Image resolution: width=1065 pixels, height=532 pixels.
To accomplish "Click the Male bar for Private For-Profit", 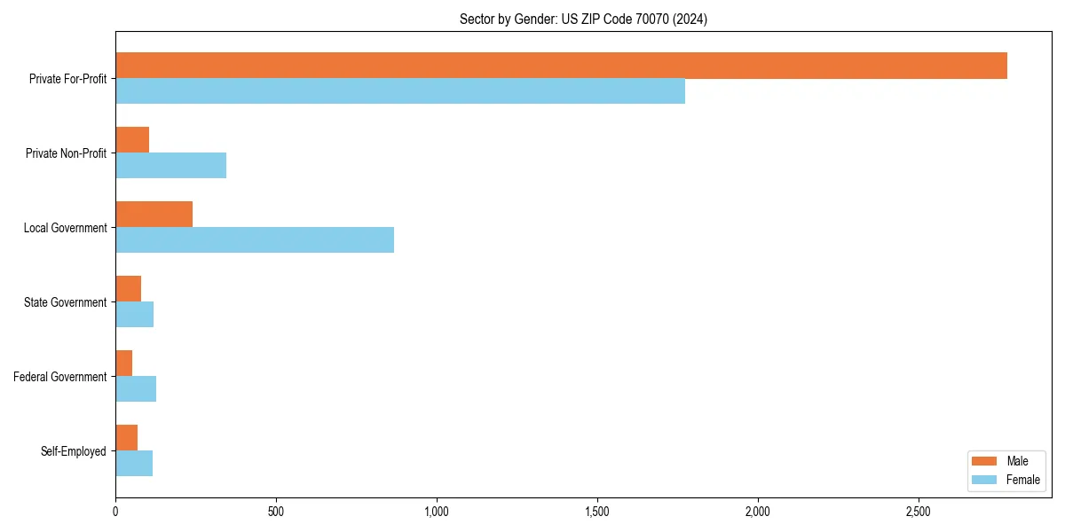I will (x=561, y=66).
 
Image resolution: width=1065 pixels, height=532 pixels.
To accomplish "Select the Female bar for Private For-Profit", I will (x=400, y=91).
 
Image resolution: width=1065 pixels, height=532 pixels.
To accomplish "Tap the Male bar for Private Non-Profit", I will (x=132, y=140).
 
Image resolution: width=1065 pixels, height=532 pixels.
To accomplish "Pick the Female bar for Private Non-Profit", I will (x=170, y=166).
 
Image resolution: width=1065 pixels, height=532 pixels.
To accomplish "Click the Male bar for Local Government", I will (x=154, y=215).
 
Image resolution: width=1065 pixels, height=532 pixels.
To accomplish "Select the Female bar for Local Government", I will (x=255, y=240).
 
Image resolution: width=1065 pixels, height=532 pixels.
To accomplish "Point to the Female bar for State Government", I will (x=134, y=315).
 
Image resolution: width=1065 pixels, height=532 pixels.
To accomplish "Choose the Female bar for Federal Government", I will (x=136, y=389).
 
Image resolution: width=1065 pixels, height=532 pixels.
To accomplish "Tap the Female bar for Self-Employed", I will (x=134, y=464).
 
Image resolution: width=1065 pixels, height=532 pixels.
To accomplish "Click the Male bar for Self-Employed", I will (x=126, y=438).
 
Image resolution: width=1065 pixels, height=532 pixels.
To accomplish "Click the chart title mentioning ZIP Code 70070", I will (x=583, y=19).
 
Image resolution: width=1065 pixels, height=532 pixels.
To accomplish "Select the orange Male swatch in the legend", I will (x=984, y=461).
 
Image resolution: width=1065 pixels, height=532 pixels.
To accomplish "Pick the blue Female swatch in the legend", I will (x=984, y=480).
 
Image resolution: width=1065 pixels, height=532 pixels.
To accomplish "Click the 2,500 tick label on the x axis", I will (x=919, y=512).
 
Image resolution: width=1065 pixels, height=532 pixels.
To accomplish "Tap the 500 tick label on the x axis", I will (x=276, y=512).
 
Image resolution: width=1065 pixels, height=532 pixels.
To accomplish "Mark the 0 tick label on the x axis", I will (x=115, y=512).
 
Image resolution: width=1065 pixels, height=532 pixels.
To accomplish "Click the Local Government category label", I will (x=65, y=228).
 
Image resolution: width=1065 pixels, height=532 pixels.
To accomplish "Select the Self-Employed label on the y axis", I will (x=73, y=451).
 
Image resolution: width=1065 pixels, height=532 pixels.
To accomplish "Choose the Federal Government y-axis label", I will (x=59, y=377).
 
